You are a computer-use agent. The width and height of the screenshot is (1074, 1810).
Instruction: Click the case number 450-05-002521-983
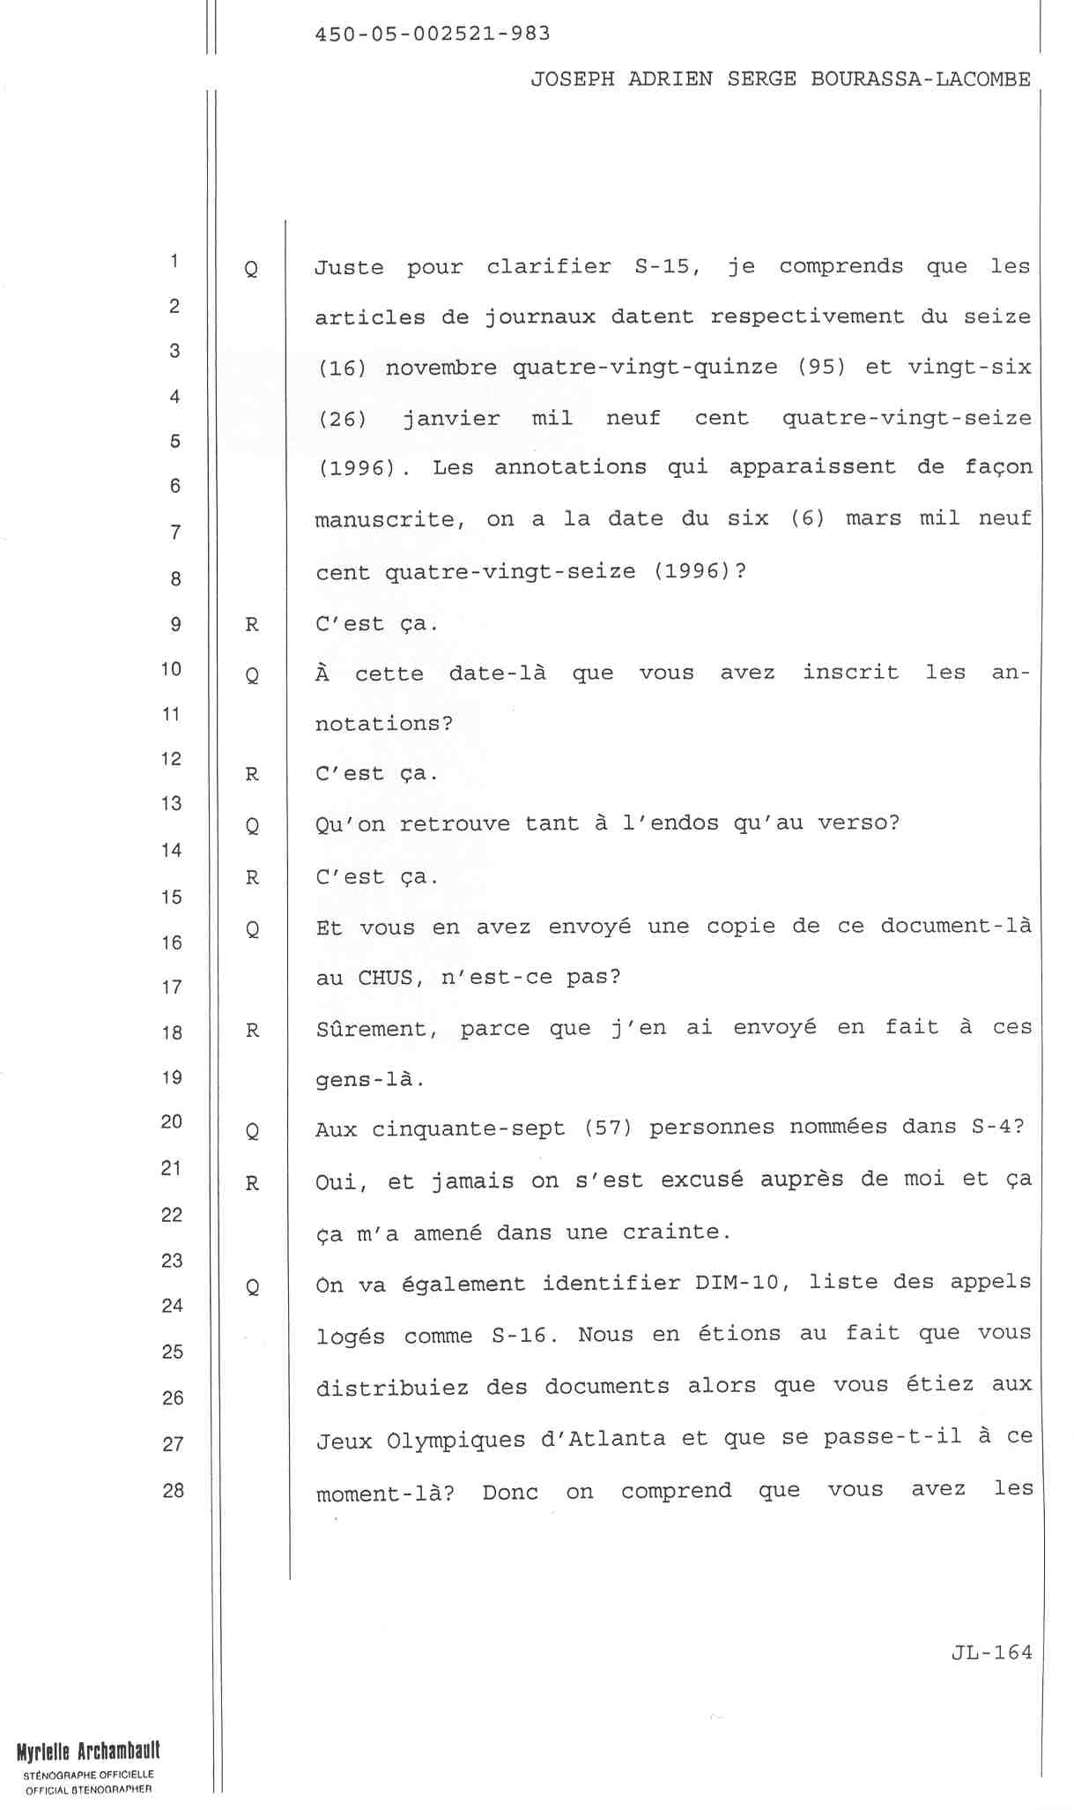coord(432,34)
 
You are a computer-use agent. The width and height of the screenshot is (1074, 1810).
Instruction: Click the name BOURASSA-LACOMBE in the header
coord(920,79)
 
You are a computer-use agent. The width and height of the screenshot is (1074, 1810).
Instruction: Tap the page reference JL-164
coord(991,1652)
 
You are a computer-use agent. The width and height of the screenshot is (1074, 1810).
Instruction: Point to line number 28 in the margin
coord(173,1490)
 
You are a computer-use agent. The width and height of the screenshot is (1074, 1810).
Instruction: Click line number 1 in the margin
coord(175,261)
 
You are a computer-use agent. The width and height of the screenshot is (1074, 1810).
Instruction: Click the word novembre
coord(441,367)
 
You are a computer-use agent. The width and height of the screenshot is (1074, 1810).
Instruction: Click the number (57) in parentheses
coord(608,1128)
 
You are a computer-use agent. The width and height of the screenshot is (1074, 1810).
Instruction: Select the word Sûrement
coord(377,1029)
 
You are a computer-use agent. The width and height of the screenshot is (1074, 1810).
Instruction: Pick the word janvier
coord(450,418)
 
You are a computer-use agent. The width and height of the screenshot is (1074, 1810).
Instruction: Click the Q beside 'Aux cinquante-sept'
coord(252,1130)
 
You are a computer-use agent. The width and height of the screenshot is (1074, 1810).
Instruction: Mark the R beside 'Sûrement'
coord(252,1030)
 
